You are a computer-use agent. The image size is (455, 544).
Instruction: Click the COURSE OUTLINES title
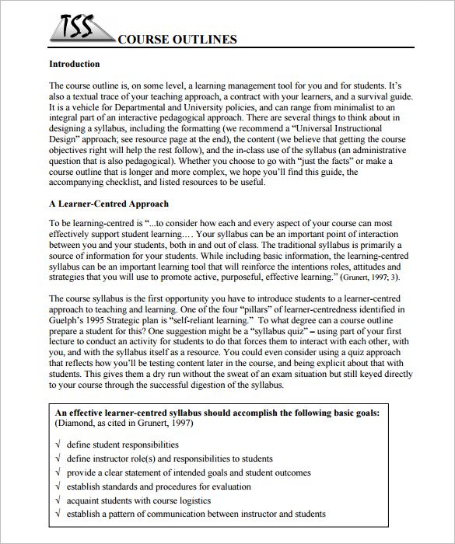tap(177, 40)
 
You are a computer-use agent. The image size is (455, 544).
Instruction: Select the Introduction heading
tap(74, 64)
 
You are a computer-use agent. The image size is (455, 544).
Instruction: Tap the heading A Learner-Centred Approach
tap(108, 204)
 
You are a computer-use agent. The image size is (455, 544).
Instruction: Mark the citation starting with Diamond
tap(124, 424)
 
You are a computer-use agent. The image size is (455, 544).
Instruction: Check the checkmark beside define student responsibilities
tap(58, 445)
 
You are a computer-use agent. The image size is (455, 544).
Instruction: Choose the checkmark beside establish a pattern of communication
tap(58, 514)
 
